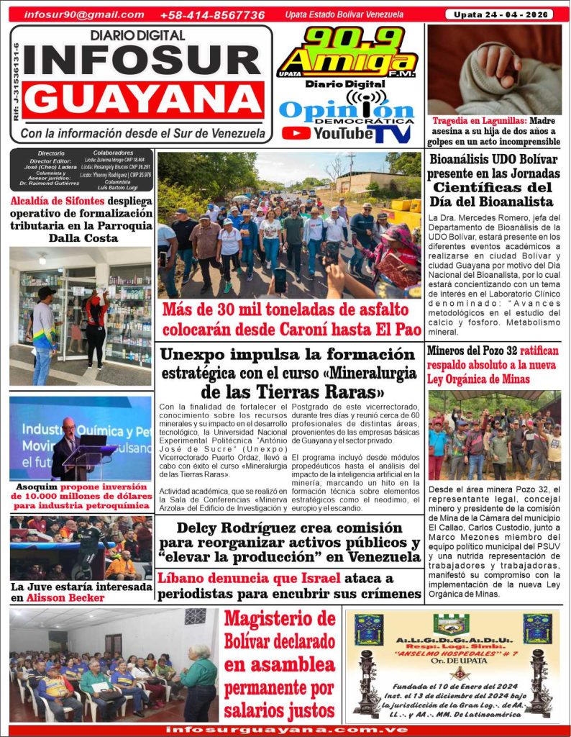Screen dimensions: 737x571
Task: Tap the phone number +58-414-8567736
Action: point(212,14)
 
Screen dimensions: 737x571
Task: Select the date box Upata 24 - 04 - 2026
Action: point(498,14)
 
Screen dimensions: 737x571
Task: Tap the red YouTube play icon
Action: point(296,133)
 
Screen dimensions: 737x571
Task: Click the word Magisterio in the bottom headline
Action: point(280,619)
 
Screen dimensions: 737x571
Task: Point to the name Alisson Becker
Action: point(68,597)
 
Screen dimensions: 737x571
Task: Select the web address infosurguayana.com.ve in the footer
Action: point(286,729)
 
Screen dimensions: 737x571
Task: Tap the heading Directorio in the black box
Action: point(50,153)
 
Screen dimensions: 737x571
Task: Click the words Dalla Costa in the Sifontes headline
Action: point(81,238)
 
